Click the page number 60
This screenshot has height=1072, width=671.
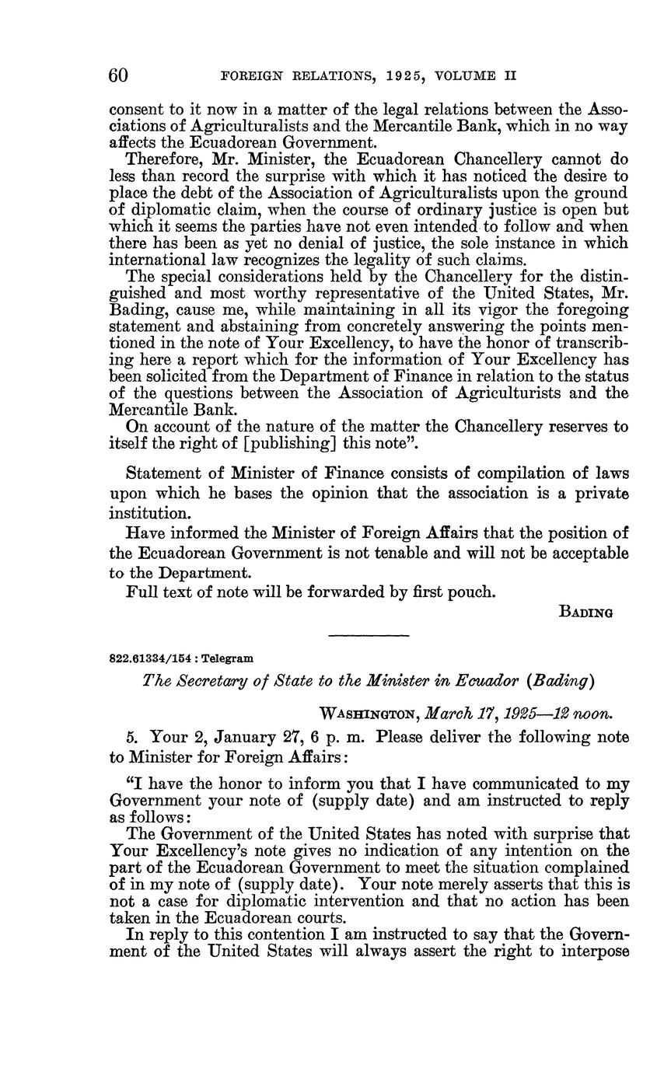pos(118,75)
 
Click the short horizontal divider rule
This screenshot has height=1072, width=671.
pos(369,637)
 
